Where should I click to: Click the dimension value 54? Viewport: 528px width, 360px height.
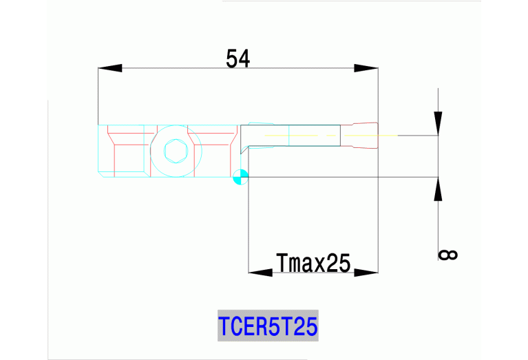[238, 59]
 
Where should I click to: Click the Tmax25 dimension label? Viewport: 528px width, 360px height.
[313, 262]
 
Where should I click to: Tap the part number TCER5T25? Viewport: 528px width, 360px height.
[268, 326]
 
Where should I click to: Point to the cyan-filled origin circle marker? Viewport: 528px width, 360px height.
[240, 177]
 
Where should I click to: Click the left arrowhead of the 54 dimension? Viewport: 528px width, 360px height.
[110, 68]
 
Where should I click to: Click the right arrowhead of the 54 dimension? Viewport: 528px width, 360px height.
[366, 68]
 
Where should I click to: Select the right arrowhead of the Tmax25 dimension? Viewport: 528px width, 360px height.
[366, 273]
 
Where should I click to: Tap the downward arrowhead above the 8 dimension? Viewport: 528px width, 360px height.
[438, 124]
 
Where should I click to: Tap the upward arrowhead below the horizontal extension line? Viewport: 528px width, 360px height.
[438, 189]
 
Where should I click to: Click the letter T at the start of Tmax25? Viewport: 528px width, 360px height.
[281, 262]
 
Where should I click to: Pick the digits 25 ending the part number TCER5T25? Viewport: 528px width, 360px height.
[305, 326]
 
